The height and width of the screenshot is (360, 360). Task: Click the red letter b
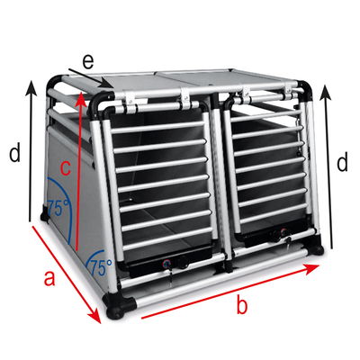point(242,306)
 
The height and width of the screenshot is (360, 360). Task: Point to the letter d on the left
point(14,154)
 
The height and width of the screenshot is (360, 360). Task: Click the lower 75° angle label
point(100,267)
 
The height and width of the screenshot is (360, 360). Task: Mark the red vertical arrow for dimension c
point(82,171)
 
